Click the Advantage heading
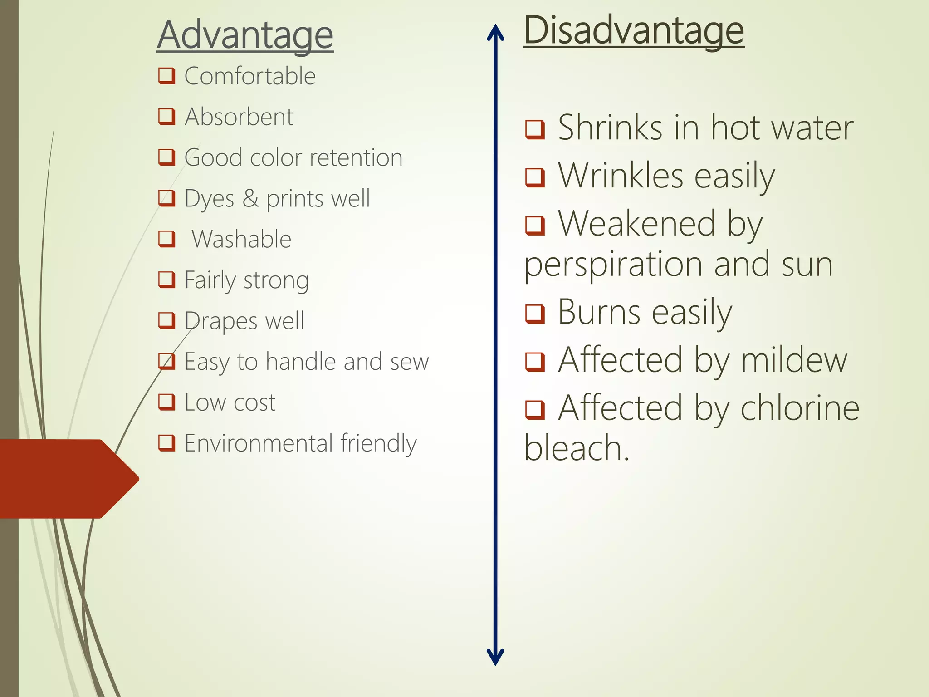tap(245, 35)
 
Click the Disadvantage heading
tap(634, 31)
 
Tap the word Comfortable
tap(250, 76)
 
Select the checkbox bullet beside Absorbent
tap(166, 117)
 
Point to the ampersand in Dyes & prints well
tap(250, 198)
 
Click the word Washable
tap(241, 239)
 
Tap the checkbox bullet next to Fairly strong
tap(166, 280)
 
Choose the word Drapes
tap(221, 321)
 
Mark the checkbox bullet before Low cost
tap(166, 402)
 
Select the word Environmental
tap(259, 443)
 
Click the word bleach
tap(576, 448)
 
